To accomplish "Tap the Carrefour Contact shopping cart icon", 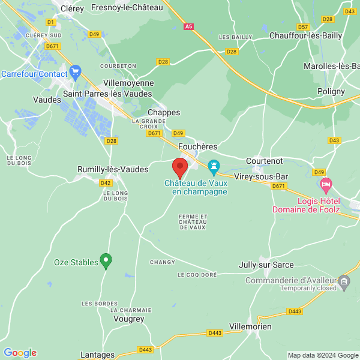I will point(75,73).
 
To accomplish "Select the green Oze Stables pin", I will point(106,261).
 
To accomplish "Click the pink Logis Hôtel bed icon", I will point(326,183).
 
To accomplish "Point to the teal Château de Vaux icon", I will point(213,165).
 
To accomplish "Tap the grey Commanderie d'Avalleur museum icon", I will point(344,281).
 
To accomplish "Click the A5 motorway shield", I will point(189,26).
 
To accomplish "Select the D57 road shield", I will point(304,27).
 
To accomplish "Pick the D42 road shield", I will point(106,183).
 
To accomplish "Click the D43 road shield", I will point(334,140).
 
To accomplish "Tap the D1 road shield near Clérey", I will point(50,22).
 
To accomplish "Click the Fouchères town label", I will point(197,146).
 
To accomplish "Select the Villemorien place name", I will point(250,326).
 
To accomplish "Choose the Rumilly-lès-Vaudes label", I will point(113,170).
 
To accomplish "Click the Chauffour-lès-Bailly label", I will point(305,36).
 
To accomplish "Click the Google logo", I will point(20,353).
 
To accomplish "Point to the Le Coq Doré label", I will point(197,274).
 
